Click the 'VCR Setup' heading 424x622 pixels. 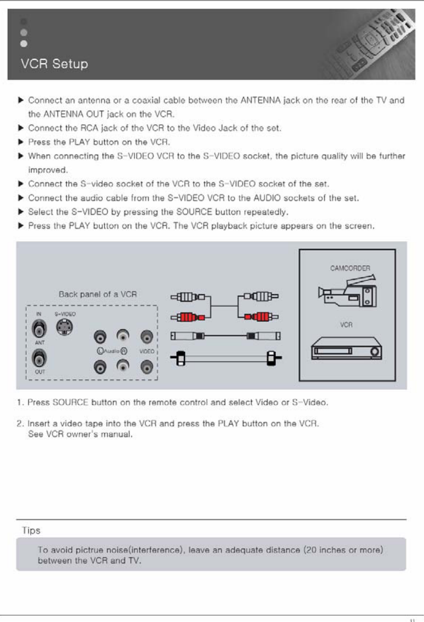[x=54, y=64]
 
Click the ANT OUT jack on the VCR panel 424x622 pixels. [x=37, y=359]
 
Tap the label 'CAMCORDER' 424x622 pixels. [x=349, y=268]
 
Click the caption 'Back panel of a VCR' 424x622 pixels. [x=97, y=294]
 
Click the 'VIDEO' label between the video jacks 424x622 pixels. [x=147, y=351]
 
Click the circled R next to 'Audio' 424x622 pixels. [x=124, y=351]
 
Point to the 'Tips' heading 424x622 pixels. [x=31, y=530]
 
